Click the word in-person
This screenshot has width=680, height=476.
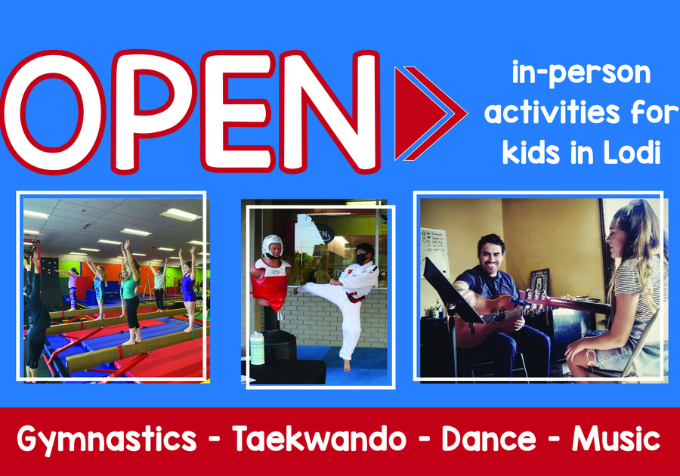(581, 73)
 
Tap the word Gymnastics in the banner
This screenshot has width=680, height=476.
(107, 439)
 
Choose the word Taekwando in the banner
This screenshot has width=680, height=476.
(319, 439)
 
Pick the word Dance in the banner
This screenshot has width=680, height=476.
(489, 439)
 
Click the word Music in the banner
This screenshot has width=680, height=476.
(617, 439)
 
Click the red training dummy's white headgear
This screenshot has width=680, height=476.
(272, 246)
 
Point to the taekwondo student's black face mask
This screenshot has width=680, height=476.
(362, 258)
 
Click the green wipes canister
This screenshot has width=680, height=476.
(257, 348)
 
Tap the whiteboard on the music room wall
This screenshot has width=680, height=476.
(434, 252)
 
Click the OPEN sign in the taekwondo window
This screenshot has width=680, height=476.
(318, 233)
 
